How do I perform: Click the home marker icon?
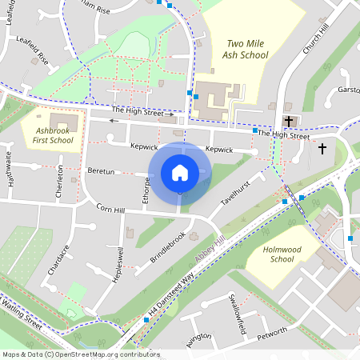180,172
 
